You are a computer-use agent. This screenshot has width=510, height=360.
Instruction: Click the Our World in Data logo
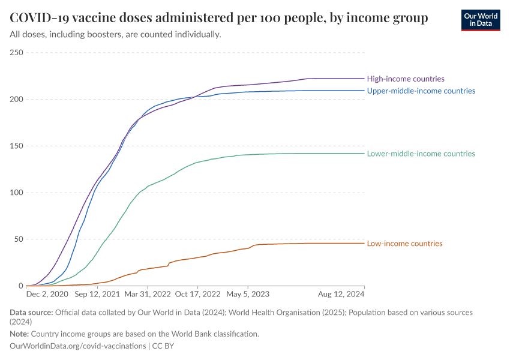coord(480,20)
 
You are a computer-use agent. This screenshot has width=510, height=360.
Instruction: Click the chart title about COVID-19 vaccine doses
coord(219,18)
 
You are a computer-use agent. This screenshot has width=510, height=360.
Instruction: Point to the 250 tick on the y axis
coord(16,53)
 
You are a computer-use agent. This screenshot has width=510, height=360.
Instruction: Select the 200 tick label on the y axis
coord(16,99)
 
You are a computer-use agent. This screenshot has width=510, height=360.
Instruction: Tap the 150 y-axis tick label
coord(16,146)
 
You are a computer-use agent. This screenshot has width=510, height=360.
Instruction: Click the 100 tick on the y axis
coord(16,193)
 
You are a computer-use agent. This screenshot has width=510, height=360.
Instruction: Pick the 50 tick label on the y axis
coord(18,239)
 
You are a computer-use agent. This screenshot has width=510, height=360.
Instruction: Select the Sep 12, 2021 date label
coord(97,295)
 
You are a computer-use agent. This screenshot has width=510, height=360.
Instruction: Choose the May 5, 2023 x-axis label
coord(247,295)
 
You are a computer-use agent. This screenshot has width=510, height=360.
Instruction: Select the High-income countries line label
coord(406,79)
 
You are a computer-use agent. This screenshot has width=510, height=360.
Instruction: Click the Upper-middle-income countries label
coord(421,91)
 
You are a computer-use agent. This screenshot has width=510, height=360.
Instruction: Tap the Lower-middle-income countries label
coord(421,154)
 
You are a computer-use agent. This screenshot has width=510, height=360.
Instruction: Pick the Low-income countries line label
coord(404,244)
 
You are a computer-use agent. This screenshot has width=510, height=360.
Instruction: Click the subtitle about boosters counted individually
coord(116,34)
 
